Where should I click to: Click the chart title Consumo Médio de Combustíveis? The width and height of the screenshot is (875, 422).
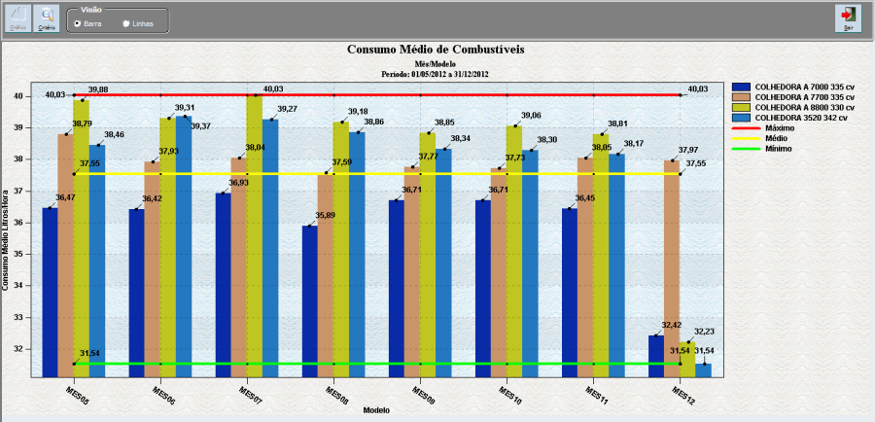click(x=437, y=50)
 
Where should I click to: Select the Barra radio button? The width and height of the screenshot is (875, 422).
click(x=77, y=22)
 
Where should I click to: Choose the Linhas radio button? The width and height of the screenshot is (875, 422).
click(x=126, y=22)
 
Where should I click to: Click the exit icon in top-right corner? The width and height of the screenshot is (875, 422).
click(x=849, y=17)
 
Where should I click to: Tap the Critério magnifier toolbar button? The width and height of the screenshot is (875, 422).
click(x=46, y=17)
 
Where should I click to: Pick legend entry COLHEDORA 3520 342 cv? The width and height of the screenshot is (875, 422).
click(x=791, y=118)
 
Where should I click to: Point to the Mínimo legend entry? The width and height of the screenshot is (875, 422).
click(x=767, y=149)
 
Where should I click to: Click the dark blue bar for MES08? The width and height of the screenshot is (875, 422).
click(x=310, y=301)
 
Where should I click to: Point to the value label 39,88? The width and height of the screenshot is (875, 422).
click(x=98, y=89)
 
